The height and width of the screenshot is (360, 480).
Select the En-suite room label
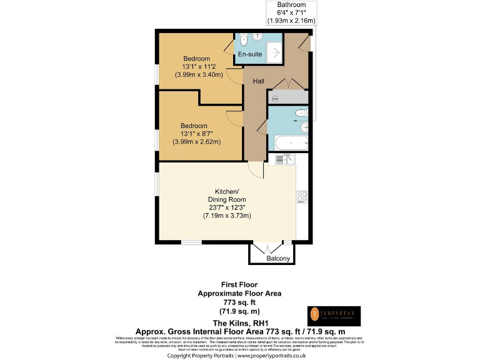click(x=250, y=55)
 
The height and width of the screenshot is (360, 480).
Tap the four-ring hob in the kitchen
click(x=301, y=197)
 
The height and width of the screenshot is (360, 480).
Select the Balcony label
click(x=278, y=258)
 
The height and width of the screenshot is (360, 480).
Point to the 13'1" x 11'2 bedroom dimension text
click(x=199, y=67)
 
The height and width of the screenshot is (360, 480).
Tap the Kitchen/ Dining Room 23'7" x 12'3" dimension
click(x=227, y=207)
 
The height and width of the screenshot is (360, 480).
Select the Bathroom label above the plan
click(x=291, y=4)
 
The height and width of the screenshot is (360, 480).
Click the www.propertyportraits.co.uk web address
click(x=271, y=355)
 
